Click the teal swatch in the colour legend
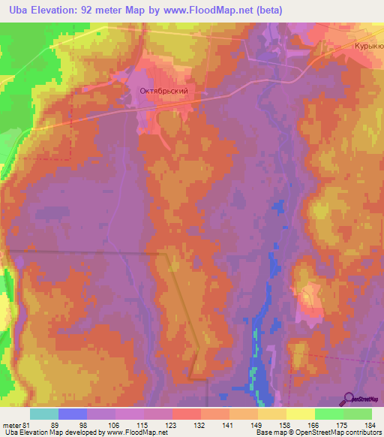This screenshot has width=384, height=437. tap(44, 413)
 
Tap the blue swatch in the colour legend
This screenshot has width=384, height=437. tap(73, 413)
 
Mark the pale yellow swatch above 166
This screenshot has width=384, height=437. tap(300, 413)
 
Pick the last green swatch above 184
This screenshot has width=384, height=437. tap(358, 413)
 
